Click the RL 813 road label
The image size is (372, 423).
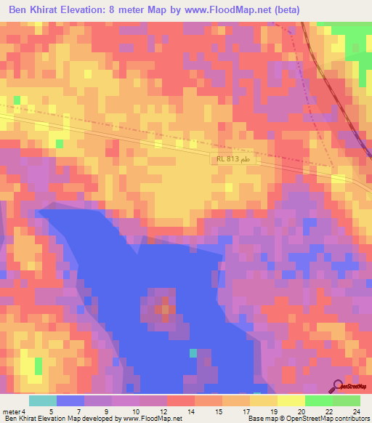[232, 159]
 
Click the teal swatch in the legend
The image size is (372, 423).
[43, 400]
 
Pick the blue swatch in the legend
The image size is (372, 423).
[70, 400]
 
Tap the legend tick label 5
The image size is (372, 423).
[49, 411]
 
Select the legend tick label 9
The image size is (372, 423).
[105, 411]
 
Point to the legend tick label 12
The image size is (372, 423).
[162, 411]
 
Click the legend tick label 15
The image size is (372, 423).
[218, 411]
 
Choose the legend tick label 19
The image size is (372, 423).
[274, 411]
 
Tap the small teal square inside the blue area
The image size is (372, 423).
[193, 352]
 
